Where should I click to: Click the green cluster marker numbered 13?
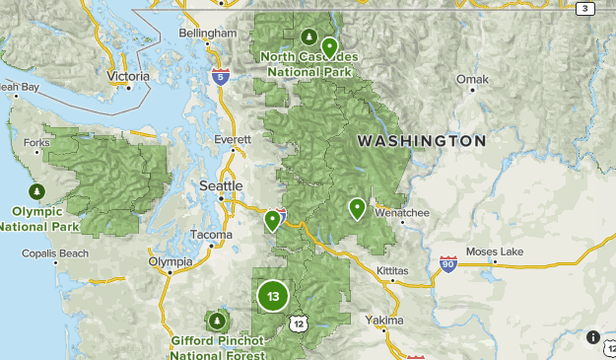pyautogui.click(x=273, y=296)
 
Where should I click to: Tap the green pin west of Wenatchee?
pyautogui.click(x=357, y=208)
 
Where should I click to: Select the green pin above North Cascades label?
pyautogui.click(x=329, y=46)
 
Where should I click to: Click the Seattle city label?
pyautogui.click(x=220, y=185)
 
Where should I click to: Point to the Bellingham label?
pyautogui.click(x=208, y=33)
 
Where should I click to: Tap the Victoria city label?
pyautogui.click(x=128, y=76)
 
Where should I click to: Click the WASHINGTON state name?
pyautogui.click(x=421, y=141)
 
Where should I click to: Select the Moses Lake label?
pyautogui.click(x=495, y=252)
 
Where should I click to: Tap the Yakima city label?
pyautogui.click(x=383, y=321)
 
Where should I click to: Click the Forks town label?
pyautogui.click(x=36, y=143)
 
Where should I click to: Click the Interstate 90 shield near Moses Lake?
pyautogui.click(x=448, y=264)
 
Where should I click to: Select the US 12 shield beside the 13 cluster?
pyautogui.click(x=298, y=323)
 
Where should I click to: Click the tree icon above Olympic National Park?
pyautogui.click(x=36, y=190)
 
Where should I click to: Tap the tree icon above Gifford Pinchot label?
pyautogui.click(x=216, y=321)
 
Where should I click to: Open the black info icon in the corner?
pyautogui.click(x=593, y=337)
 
